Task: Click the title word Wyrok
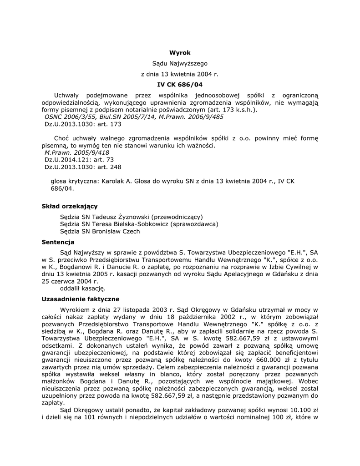point(180,53)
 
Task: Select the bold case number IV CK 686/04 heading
point(180,84)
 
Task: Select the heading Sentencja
point(58,242)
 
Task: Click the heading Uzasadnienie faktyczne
point(81,299)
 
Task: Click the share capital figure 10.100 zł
point(295,411)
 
